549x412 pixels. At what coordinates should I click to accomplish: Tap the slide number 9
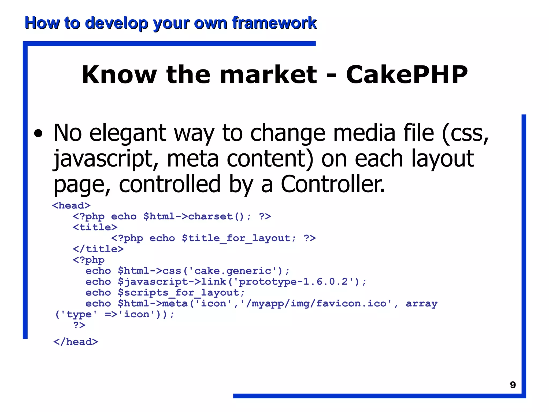point(513,385)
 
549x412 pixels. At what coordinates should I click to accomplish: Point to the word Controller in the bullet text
point(332,184)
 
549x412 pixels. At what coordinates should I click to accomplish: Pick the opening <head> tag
point(71,205)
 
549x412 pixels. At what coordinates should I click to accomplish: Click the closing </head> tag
point(76,342)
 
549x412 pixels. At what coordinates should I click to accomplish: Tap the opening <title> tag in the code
point(95,227)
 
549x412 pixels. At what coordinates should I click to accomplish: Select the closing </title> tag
point(98,249)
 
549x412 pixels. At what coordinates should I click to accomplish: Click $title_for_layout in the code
point(239,238)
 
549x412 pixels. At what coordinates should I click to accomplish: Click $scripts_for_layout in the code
point(181,293)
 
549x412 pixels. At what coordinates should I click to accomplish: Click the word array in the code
point(421,304)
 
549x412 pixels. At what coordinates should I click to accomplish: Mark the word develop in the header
point(116,23)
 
